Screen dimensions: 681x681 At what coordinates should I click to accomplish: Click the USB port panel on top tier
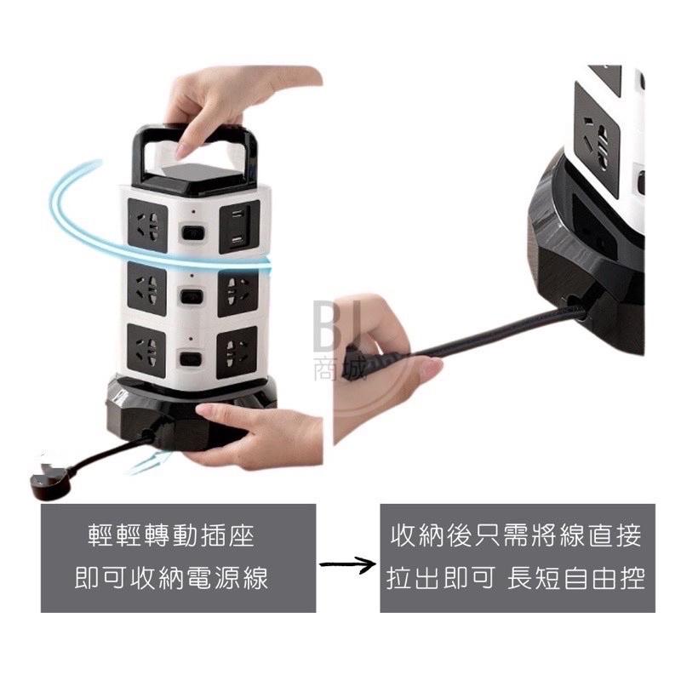(x=237, y=230)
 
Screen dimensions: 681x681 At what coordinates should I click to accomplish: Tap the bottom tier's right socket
(x=239, y=352)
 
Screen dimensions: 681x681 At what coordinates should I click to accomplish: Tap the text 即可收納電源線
(x=177, y=579)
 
